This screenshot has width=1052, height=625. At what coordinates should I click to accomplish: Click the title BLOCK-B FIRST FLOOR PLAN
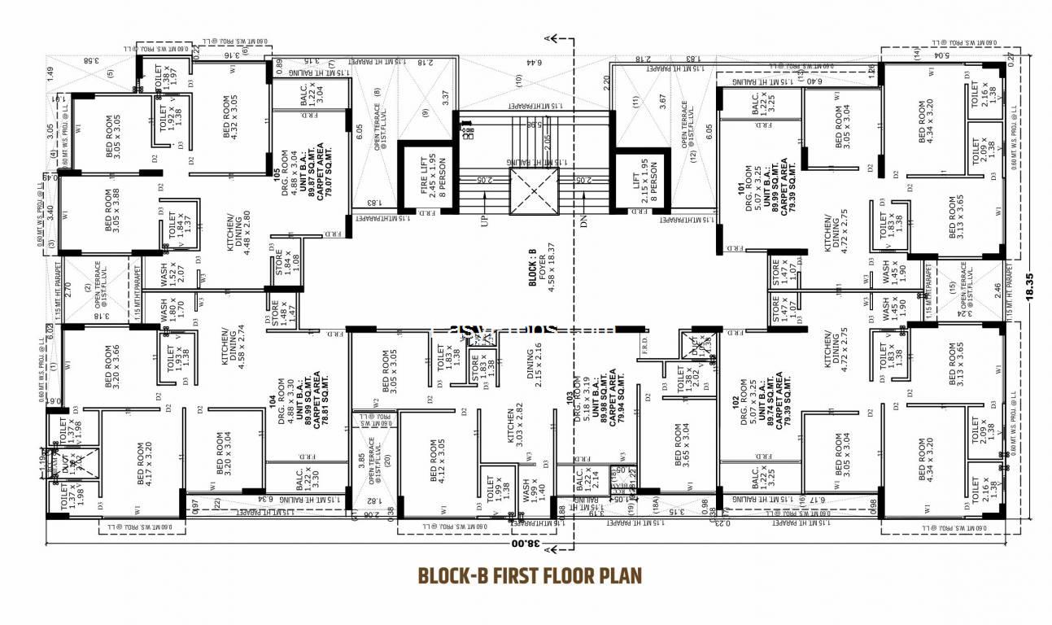coord(530,576)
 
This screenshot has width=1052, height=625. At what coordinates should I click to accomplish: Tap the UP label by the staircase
coord(484,221)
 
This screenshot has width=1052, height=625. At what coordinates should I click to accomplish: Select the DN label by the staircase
coord(583,221)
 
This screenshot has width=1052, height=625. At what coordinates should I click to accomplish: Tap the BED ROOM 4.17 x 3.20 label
coord(143,464)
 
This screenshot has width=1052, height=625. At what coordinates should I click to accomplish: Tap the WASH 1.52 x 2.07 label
coord(168,274)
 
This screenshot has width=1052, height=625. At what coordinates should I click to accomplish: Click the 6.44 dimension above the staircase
coord(533,62)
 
